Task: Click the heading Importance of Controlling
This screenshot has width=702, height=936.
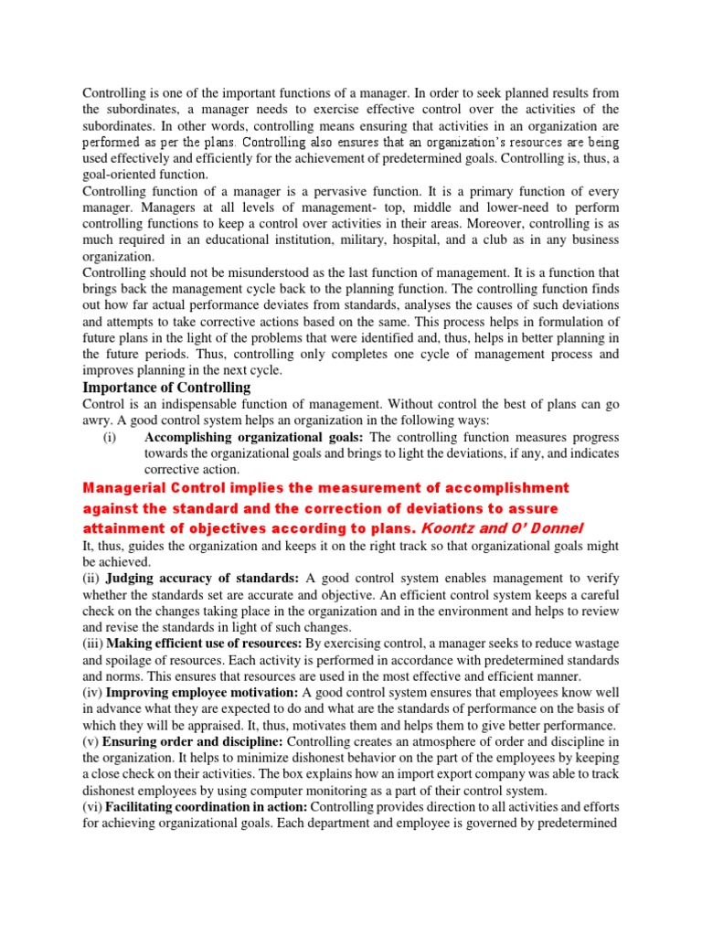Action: click(166, 388)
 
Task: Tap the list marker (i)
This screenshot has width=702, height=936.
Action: click(110, 438)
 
